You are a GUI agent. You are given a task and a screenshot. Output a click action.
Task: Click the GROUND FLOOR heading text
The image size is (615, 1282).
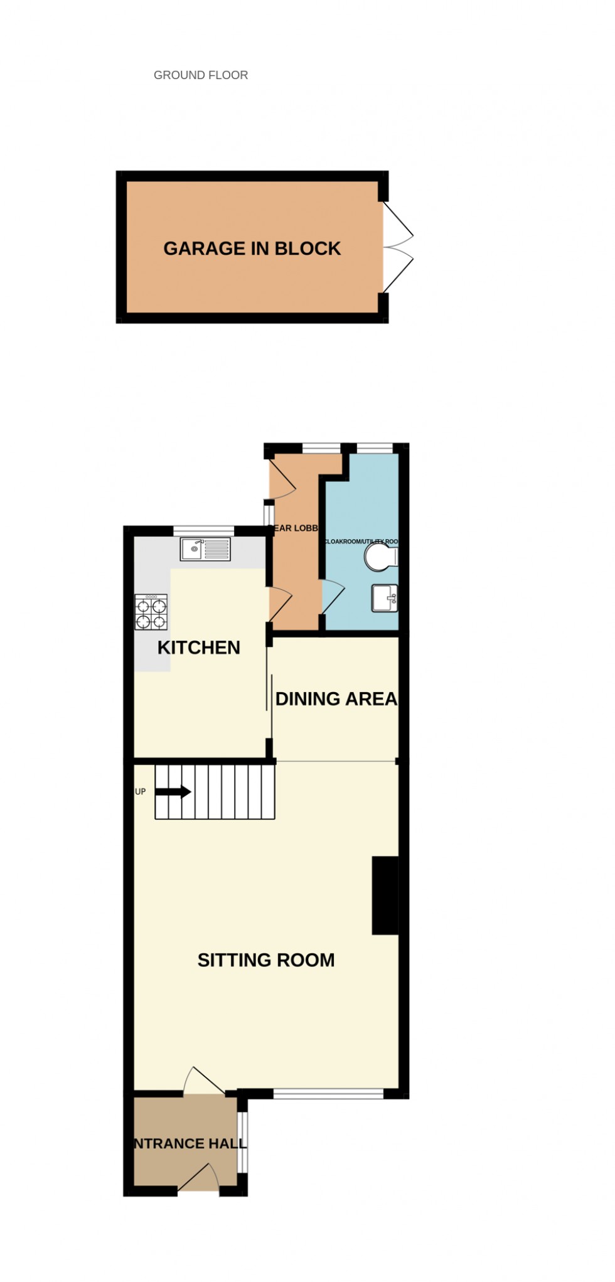(201, 75)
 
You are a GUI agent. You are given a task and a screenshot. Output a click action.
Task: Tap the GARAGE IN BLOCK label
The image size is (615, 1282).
(252, 248)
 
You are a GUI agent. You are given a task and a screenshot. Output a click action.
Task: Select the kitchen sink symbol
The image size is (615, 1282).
(205, 549)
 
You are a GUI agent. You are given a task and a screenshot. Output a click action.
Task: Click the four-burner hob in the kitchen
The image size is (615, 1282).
(151, 612)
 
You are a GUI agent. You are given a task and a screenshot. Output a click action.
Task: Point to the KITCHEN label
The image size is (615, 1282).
(198, 648)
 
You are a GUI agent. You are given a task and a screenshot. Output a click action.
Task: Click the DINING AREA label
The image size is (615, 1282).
(336, 698)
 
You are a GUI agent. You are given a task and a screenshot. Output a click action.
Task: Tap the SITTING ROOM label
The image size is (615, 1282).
(266, 959)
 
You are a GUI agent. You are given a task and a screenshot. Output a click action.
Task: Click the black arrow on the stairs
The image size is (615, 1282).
(173, 792)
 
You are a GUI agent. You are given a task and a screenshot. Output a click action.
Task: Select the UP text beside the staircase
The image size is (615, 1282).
(141, 792)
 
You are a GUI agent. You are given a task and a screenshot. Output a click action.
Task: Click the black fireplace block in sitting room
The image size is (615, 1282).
(385, 895)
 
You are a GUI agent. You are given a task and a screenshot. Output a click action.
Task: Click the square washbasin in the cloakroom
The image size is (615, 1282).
(384, 598)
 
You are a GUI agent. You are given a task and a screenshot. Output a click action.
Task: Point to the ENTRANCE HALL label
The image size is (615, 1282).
(190, 1143)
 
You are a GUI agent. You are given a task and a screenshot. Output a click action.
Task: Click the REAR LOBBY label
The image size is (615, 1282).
(296, 528)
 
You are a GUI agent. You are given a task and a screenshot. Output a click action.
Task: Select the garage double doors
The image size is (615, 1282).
(398, 247)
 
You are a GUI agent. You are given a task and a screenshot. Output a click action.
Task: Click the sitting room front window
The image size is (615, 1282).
(328, 1094)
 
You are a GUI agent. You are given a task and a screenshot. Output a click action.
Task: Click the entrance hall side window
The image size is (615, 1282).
(242, 1142)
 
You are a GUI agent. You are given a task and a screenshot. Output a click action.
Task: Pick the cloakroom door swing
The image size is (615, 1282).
(333, 596)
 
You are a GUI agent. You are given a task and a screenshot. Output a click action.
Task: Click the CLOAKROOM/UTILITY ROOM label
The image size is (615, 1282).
(361, 542)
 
